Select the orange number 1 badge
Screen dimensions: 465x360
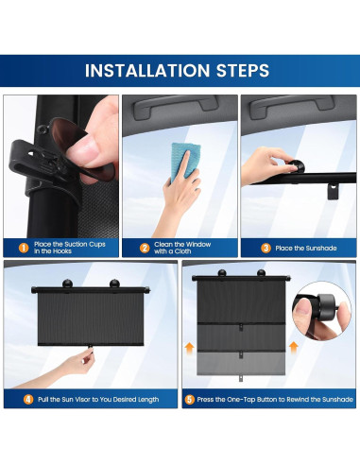(24, 248)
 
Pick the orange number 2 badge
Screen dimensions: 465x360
(145, 249)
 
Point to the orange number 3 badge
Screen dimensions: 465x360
(266, 249)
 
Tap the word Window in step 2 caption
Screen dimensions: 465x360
(197, 245)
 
